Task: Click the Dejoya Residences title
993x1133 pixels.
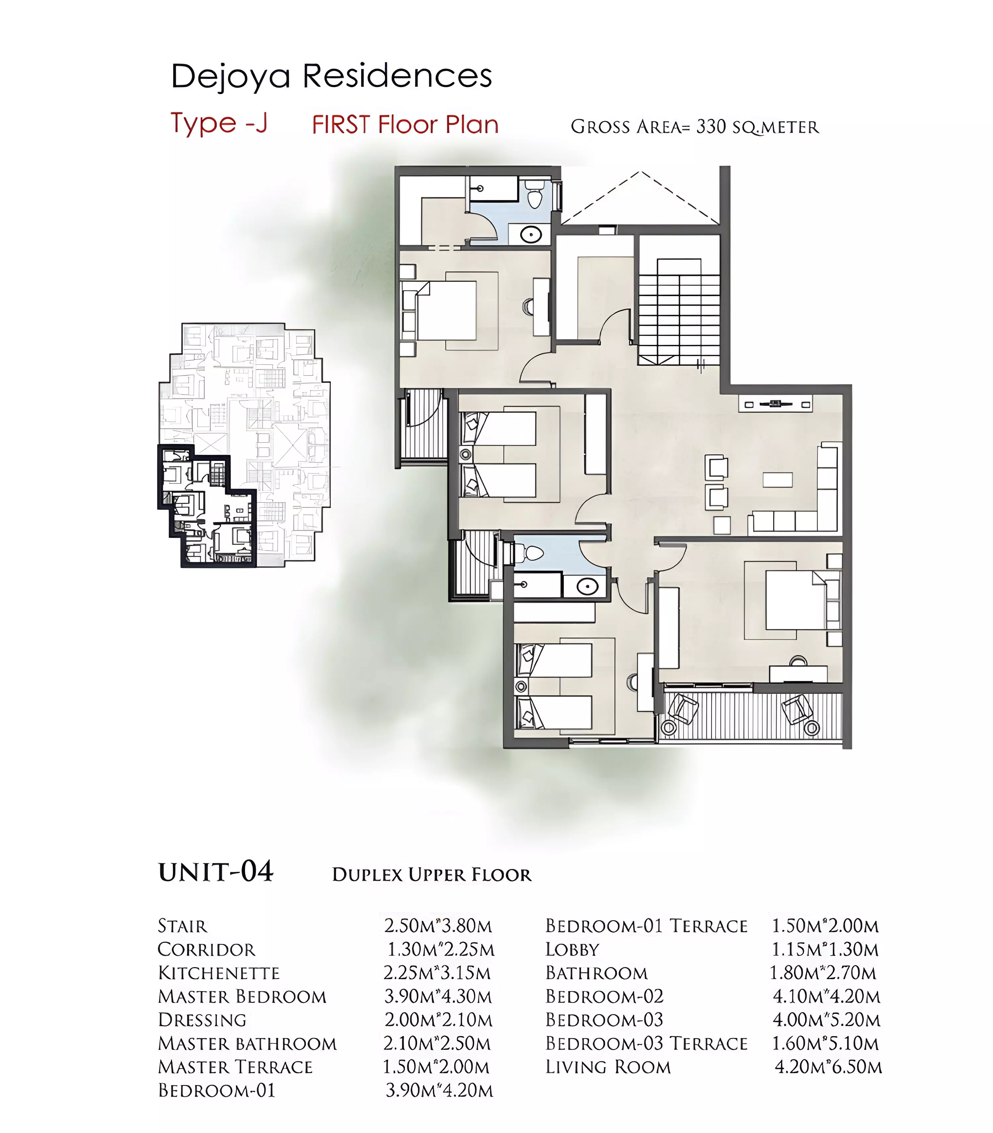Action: [x=331, y=76]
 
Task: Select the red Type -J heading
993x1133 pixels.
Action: [x=219, y=123]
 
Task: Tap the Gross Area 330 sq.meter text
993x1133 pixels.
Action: [x=695, y=127]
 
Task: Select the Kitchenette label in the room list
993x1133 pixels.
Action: [x=219, y=973]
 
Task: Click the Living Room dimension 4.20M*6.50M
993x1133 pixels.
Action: [x=828, y=1067]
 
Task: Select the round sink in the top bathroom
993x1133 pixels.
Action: [x=531, y=235]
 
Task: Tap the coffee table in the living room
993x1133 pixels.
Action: [x=778, y=479]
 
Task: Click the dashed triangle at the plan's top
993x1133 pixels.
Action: [x=640, y=198]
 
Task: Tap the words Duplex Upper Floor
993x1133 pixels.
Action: [x=432, y=875]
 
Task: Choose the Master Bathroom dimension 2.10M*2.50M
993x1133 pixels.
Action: [x=437, y=1043]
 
